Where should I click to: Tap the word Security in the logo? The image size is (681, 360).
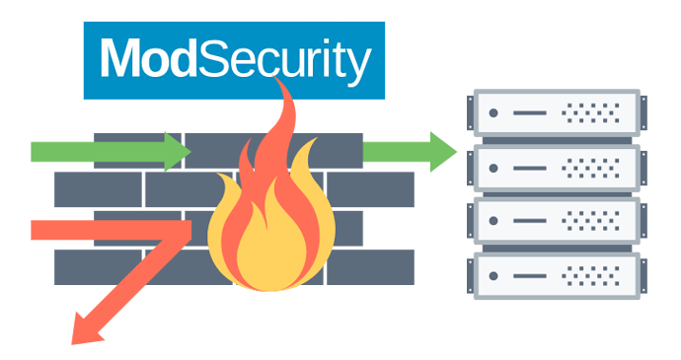pyautogui.click(x=285, y=60)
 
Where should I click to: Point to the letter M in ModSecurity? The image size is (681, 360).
pyautogui.click(x=121, y=60)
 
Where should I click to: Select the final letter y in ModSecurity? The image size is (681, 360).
pyautogui.click(x=358, y=65)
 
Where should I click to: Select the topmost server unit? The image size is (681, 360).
pyautogui.click(x=556, y=114)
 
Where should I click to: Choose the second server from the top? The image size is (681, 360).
pyautogui.click(x=556, y=168)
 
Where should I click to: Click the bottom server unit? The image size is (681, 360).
pyautogui.click(x=556, y=274)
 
